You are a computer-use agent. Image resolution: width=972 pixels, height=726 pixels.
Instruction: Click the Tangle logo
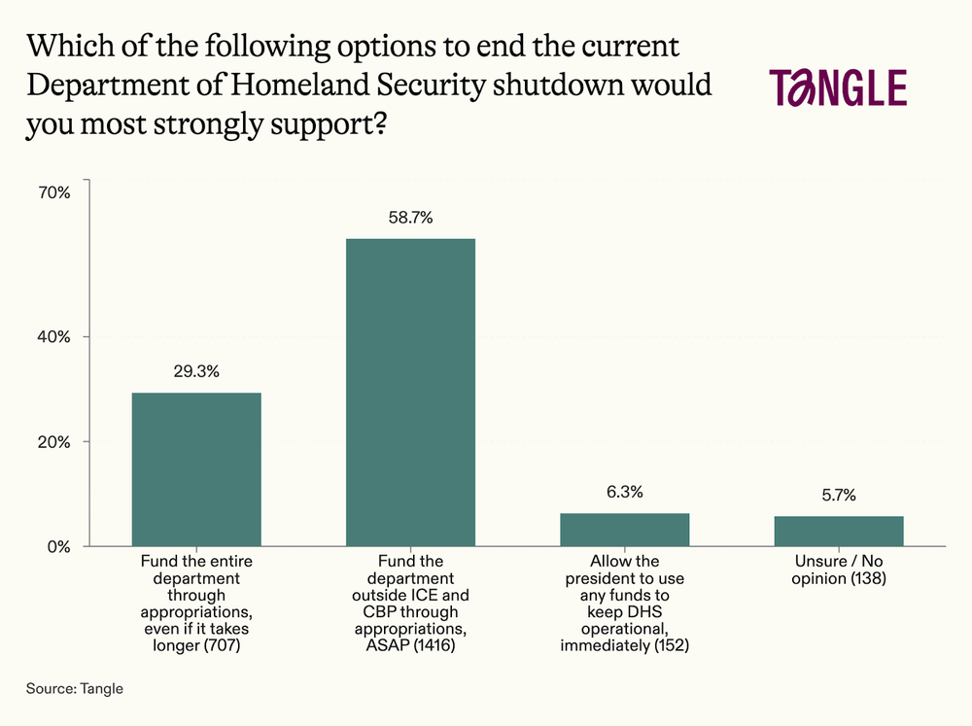pos(838,87)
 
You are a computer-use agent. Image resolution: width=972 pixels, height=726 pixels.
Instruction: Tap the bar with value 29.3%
pos(196,468)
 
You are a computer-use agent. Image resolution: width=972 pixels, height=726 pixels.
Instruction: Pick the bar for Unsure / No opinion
pos(839,531)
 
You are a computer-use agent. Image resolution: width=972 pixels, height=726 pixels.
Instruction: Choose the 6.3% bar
pos(625,529)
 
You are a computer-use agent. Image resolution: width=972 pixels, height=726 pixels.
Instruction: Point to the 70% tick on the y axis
pos(54,192)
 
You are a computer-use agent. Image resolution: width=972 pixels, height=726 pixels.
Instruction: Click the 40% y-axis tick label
pos(54,337)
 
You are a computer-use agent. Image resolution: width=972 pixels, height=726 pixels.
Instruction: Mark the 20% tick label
pos(54,442)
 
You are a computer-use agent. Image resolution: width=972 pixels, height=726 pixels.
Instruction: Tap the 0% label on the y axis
pos(58,546)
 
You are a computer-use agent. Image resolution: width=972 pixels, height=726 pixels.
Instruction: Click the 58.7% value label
pos(411,218)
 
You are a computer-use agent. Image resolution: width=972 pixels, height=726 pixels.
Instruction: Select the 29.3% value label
pos(196,371)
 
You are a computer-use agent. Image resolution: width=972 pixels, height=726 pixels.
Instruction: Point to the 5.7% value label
pos(839,495)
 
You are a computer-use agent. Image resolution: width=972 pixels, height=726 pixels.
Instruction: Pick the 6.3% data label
pos(625,492)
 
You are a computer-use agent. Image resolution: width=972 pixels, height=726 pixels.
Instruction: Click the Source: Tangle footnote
pos(75,688)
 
